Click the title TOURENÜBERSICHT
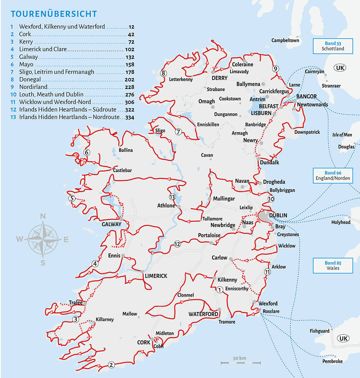(x=54, y=14)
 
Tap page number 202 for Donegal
(x=129, y=80)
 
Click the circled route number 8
(x=163, y=73)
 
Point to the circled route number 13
(x=172, y=197)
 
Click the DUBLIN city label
(x=278, y=215)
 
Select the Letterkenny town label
(x=181, y=79)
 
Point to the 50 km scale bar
(x=240, y=362)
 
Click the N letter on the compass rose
(x=42, y=216)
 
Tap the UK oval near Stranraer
(x=339, y=68)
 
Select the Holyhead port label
(x=341, y=222)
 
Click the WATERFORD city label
(x=203, y=314)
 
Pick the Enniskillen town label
(x=208, y=125)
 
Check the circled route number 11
(x=267, y=271)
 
